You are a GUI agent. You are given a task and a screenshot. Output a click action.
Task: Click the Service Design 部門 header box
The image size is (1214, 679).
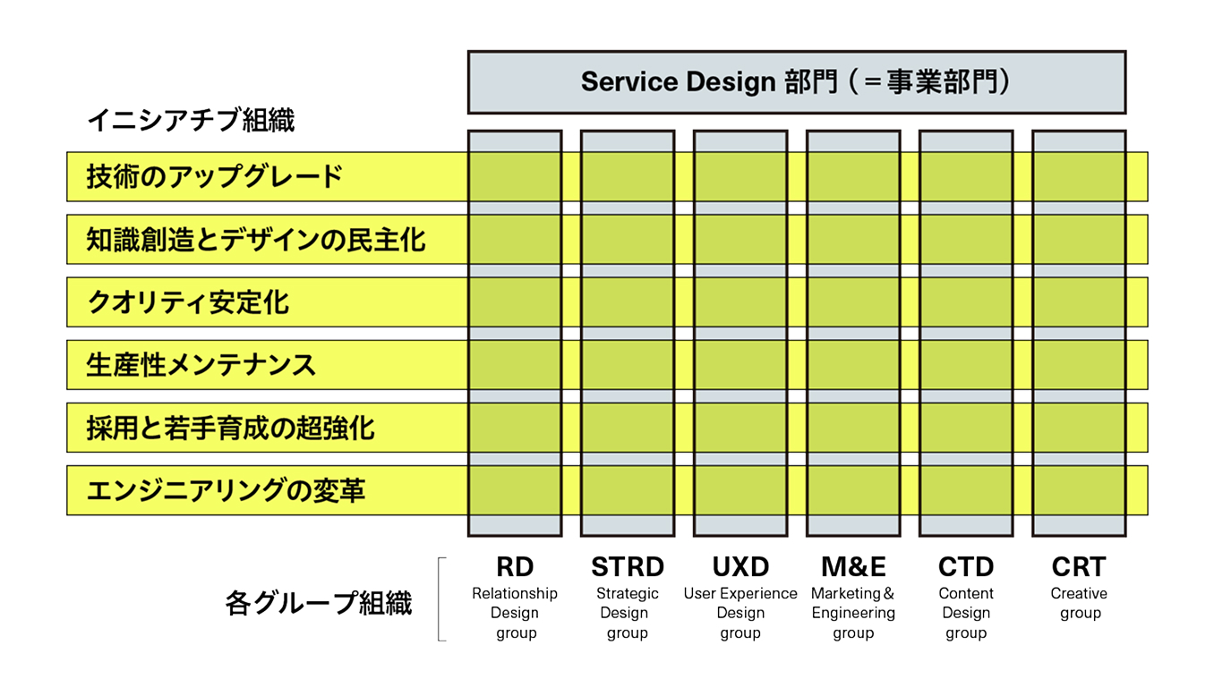[797, 82]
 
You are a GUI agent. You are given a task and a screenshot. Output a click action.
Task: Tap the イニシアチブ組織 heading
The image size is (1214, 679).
[191, 120]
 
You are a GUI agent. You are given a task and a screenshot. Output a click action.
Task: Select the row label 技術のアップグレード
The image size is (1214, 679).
[215, 176]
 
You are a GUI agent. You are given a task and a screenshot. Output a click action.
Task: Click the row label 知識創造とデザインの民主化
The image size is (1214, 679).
[256, 240]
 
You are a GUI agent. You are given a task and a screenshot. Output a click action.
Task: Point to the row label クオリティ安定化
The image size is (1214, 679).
[187, 302]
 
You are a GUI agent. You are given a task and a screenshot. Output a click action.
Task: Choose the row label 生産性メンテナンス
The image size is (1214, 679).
[201, 365]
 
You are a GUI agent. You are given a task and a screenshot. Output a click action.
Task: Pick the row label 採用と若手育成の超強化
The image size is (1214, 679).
[230, 428]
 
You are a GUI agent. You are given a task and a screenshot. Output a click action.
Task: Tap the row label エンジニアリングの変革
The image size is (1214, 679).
[226, 490]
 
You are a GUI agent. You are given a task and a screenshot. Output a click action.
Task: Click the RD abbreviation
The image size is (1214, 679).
[515, 567]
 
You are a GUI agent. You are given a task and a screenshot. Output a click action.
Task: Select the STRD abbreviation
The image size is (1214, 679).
[628, 567]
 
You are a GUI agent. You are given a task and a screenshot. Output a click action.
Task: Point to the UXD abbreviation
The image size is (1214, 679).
[740, 567]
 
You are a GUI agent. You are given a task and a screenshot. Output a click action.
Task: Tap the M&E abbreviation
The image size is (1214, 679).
[853, 567]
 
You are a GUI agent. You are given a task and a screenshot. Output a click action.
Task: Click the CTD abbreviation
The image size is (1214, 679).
[966, 567]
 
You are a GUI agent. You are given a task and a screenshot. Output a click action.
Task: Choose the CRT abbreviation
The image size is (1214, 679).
[1079, 567]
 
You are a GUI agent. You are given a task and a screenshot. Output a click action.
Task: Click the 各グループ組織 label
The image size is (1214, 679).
[319, 603]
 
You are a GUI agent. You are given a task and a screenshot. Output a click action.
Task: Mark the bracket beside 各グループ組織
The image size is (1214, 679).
[439, 599]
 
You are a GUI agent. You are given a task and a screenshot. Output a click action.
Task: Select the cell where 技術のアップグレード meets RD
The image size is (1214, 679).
[515, 176]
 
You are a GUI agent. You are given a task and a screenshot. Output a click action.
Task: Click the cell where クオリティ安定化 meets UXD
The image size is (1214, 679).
[740, 302]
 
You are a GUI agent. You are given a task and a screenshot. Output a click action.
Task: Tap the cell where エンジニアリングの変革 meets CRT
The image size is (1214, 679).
[1079, 490]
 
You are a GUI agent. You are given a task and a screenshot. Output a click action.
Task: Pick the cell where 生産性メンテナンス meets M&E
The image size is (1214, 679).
[853, 365]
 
